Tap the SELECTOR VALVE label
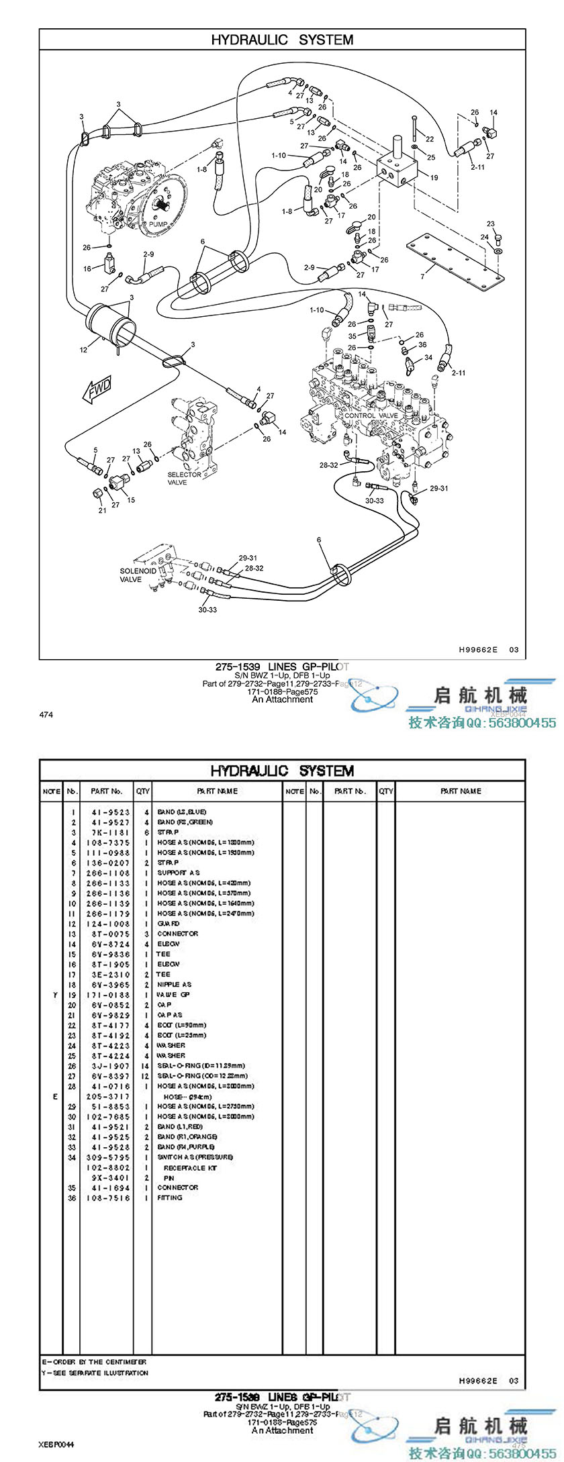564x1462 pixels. coord(183,478)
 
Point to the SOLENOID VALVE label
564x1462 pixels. coord(138,575)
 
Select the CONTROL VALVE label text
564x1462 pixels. coord(371,416)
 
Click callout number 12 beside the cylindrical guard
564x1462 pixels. coord(83,350)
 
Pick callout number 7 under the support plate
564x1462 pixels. coord(422,276)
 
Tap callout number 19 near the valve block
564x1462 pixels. coord(434,178)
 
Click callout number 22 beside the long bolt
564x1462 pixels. coord(430,140)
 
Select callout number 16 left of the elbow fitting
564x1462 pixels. coord(87,269)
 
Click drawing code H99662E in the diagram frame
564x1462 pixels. coord(478,649)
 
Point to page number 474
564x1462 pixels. coord(46,714)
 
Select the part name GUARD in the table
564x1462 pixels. coord(169,924)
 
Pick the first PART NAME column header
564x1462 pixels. coord(217,791)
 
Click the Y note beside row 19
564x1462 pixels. coord(54,995)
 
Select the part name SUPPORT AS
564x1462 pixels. coord(178,873)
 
